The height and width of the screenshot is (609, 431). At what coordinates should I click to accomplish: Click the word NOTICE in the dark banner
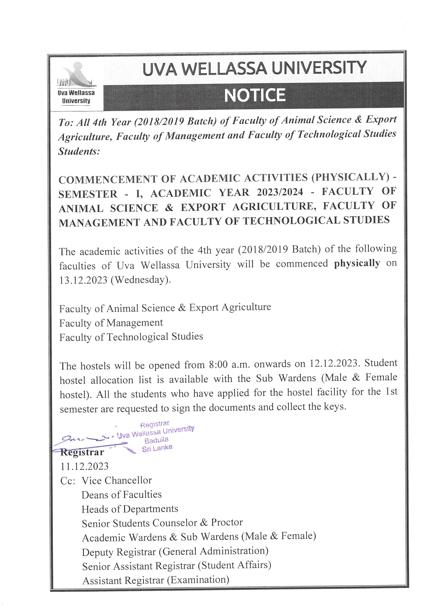254,95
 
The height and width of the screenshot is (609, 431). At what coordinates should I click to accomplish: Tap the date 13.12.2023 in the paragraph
83,280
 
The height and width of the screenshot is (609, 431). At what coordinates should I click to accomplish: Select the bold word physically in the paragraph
357,263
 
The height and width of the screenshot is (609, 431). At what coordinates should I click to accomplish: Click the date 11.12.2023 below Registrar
84,466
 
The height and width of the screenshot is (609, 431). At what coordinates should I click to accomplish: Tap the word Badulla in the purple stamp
156,440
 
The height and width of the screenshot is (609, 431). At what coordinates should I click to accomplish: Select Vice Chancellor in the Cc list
116,481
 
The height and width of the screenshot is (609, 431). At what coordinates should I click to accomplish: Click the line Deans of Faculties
122,495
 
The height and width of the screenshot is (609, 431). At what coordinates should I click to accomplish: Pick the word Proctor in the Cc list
227,522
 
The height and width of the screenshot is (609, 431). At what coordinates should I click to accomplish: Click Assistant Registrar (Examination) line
156,580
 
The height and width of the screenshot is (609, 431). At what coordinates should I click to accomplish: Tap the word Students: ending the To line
79,151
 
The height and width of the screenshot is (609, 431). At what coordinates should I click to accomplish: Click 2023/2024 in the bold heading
280,192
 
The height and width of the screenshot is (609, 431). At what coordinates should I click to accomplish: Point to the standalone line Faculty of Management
111,323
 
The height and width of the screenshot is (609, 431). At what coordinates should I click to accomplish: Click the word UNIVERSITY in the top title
319,68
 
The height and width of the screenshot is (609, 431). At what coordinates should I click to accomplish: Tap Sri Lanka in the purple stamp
157,448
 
